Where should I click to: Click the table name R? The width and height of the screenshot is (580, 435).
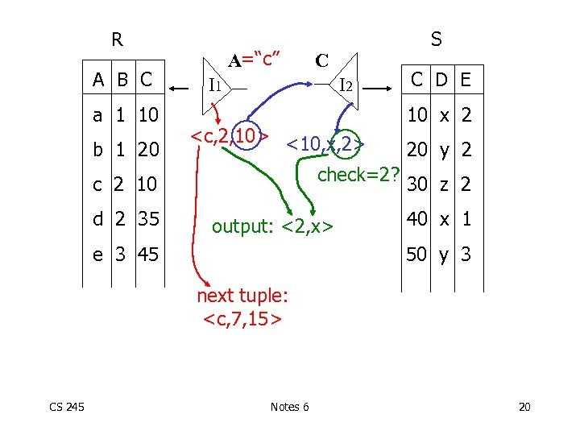click(x=117, y=39)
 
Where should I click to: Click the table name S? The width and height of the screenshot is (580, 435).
click(x=436, y=39)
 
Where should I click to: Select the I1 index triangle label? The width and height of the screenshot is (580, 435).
click(x=215, y=84)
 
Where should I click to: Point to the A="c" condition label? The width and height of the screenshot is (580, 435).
click(x=255, y=59)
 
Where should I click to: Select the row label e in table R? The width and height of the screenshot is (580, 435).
click(x=97, y=255)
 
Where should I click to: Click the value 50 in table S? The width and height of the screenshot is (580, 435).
click(x=417, y=255)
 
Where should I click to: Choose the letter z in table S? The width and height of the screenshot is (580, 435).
click(x=443, y=185)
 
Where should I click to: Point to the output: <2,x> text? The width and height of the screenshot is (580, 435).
click(x=273, y=227)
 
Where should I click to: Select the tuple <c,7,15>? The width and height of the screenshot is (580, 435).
click(x=242, y=319)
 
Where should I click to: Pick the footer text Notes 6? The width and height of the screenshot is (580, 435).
click(x=289, y=406)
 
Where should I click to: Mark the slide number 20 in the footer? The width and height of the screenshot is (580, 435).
click(x=524, y=406)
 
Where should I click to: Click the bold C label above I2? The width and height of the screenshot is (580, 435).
click(x=321, y=61)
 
